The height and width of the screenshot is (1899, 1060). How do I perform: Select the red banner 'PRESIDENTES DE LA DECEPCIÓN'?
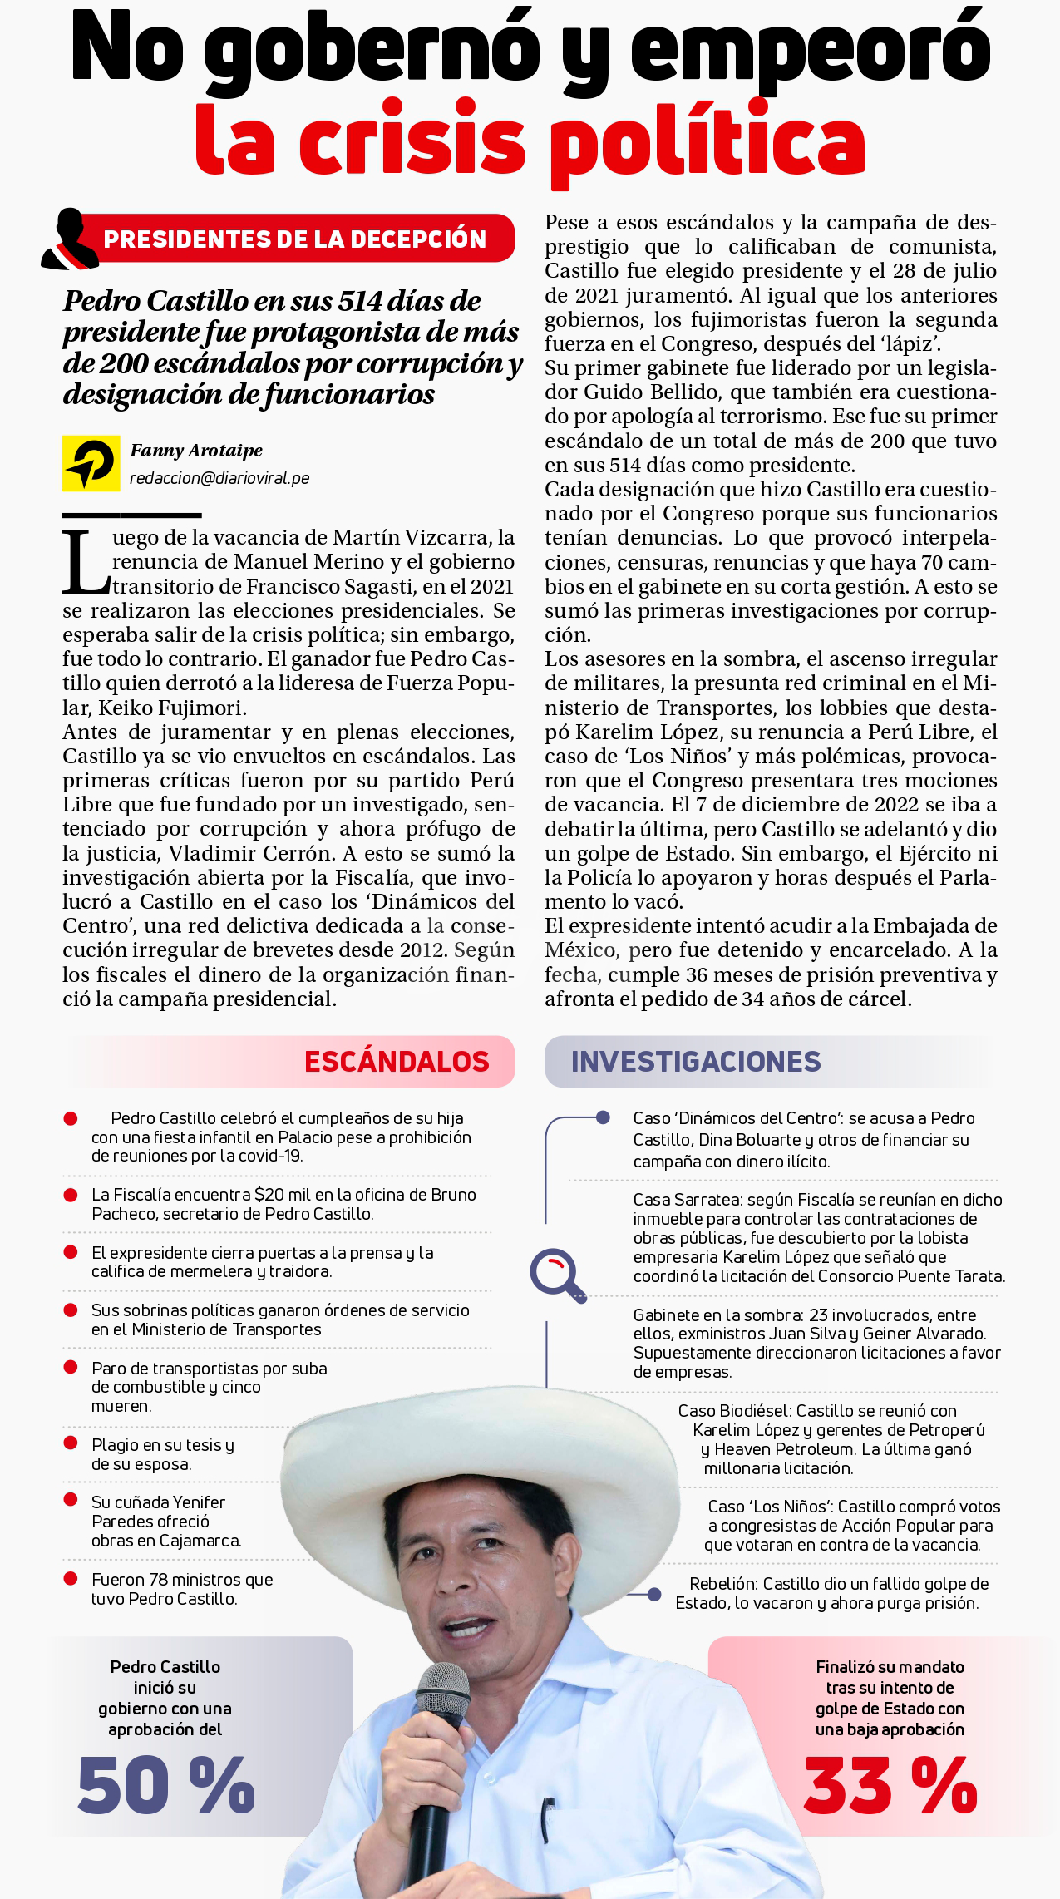coord(294,239)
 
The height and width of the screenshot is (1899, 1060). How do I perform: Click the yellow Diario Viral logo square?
coord(91,463)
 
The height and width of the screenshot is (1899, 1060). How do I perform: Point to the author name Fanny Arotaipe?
coord(196,451)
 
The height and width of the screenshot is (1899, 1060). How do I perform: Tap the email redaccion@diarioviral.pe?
coord(219,478)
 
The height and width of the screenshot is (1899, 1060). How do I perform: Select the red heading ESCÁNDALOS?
coord(397,1062)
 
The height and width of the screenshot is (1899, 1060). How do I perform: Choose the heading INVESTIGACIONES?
coord(696,1062)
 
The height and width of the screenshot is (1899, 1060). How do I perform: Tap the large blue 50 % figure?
coord(166,1785)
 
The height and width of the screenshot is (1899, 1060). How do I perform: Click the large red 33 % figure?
coord(890,1785)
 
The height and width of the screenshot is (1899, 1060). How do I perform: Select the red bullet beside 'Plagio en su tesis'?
coord(71,1443)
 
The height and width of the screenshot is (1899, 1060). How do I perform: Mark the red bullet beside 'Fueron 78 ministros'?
coord(71,1578)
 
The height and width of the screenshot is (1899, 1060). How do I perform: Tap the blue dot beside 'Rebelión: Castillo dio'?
coord(654,1594)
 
